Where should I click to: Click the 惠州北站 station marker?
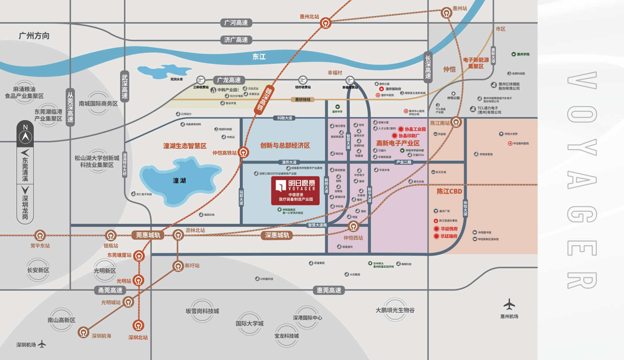325,24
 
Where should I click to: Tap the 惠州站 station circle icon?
446,13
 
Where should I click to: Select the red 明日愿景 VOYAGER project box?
295,191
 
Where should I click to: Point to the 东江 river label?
259,57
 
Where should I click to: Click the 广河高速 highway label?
236,23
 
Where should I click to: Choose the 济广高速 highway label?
236,40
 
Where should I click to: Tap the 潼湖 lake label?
179,180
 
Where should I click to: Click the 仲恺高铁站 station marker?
243,152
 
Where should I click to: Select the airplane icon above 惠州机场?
509,305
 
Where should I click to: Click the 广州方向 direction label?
34,36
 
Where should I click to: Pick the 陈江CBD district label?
449,191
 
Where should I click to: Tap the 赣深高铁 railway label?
265,99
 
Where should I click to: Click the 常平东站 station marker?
40,236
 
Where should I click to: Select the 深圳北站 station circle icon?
138,325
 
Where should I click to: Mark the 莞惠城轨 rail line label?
148,235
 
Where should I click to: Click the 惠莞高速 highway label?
329,290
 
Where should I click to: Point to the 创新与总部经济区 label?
285,146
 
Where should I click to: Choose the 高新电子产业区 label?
397,143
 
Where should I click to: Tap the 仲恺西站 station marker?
353,226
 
